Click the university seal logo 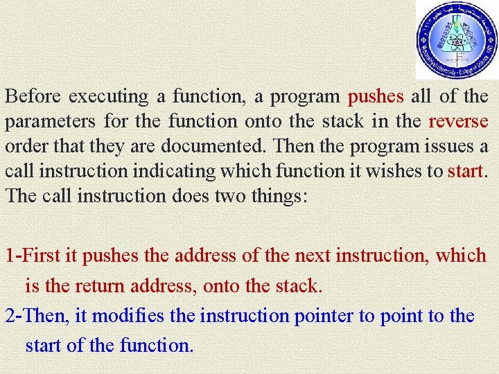pyautogui.click(x=457, y=39)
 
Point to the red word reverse pyautogui.click(x=458, y=121)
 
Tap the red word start pyautogui.click(x=464, y=171)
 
